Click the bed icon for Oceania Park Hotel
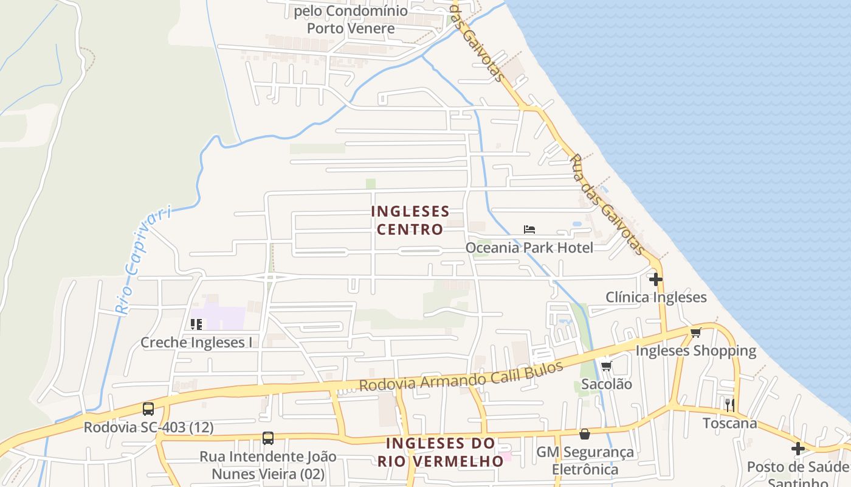click(x=529, y=229)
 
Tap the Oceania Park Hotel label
click(x=529, y=248)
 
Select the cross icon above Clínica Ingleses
click(x=655, y=279)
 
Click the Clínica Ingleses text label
click(x=656, y=297)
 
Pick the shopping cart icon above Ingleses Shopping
click(x=695, y=332)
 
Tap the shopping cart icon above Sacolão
click(x=606, y=366)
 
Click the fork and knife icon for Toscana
click(x=729, y=405)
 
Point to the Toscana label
click(x=729, y=423)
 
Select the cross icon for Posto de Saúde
click(x=798, y=449)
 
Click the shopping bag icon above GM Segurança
click(x=584, y=434)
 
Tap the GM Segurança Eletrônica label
click(x=585, y=461)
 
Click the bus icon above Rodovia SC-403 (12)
click(x=148, y=409)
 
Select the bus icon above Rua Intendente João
click(x=267, y=438)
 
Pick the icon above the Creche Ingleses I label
click(x=196, y=324)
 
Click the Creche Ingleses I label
click(x=196, y=343)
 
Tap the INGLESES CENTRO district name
click(x=410, y=220)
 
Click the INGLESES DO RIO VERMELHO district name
click(x=441, y=452)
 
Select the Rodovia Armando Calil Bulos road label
click(x=461, y=376)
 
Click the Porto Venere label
click(x=350, y=28)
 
